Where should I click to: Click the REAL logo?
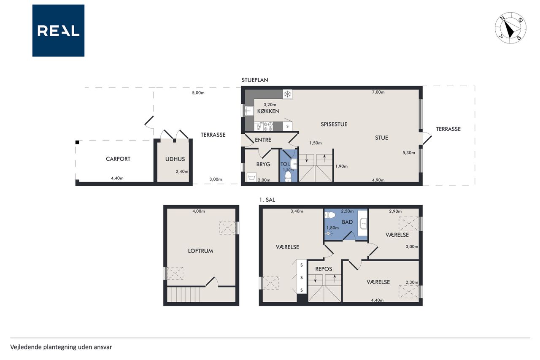[58, 31]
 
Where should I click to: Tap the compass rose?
[510, 28]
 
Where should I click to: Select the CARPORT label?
[118, 159]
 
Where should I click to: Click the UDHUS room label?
[175, 159]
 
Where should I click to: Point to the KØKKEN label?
[268, 111]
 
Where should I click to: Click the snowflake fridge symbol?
[287, 94]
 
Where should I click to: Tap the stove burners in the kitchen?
[268, 126]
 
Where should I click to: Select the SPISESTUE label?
[334, 124]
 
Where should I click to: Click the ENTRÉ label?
[263, 140]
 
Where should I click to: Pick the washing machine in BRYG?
[252, 177]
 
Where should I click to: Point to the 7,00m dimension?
[378, 92]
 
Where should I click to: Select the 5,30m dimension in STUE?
[409, 153]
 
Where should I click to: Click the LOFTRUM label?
[200, 251]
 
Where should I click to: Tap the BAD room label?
[347, 222]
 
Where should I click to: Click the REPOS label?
[324, 269]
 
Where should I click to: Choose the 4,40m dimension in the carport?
[117, 178]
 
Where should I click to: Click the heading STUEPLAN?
[255, 80]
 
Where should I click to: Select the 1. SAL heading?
[267, 200]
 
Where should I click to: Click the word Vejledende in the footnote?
[26, 347]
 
